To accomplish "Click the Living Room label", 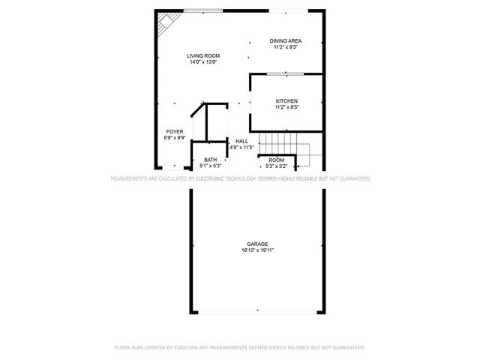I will [203, 55].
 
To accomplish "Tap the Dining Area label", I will [285, 40].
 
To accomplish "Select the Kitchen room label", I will [286, 101].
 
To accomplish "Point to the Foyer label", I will [175, 132].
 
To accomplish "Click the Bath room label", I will [210, 159].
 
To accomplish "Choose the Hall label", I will [241, 141].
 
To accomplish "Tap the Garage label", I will [257, 244].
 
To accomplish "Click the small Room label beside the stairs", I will [276, 160].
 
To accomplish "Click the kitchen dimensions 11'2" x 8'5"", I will [286, 107].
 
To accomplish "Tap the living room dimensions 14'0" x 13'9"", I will [203, 62].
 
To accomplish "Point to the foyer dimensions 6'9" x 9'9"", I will [175, 138].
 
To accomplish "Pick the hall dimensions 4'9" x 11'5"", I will [241, 147].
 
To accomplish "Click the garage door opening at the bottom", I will [257, 311].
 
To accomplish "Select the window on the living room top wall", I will [202, 10].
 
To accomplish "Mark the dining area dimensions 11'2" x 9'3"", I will [285, 47].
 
